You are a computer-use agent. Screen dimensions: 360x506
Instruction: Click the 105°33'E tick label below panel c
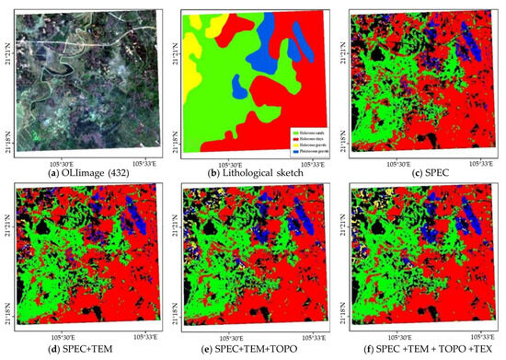(x=479, y=159)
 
